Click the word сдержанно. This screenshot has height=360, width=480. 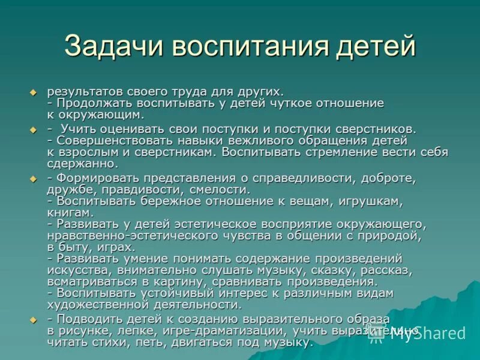coord(82,163)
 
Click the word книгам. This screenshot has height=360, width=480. coord(70,212)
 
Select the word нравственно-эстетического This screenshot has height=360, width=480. coord(136,235)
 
